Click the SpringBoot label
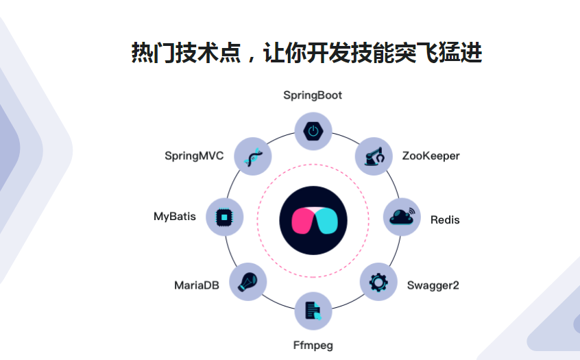(x=313, y=95)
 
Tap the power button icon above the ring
(x=313, y=130)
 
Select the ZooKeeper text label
(x=431, y=156)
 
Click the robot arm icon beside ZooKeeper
(x=374, y=156)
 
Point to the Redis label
(x=445, y=220)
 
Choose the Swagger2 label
(x=433, y=285)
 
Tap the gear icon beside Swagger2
(x=378, y=282)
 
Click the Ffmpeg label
(x=313, y=345)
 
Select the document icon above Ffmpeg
(x=313, y=311)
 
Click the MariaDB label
(x=197, y=285)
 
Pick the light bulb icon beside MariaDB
(x=247, y=281)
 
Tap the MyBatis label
(x=175, y=217)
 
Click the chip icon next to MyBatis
(x=223, y=217)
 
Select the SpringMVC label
(x=194, y=156)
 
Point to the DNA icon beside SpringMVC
(x=253, y=156)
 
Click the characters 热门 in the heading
(x=150, y=53)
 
